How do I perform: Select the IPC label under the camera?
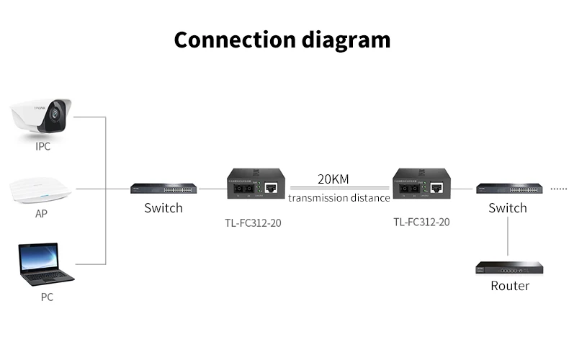point(43,146)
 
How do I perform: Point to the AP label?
point(42,215)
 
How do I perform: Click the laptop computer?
point(45,265)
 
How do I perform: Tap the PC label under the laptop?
point(45,296)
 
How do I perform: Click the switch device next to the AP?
point(163,189)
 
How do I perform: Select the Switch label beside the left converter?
point(163,208)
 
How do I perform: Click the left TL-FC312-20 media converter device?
point(255,186)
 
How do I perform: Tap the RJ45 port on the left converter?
point(272,188)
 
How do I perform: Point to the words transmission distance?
point(339,197)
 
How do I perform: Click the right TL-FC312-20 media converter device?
point(421,186)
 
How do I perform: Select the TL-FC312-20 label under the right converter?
point(421,222)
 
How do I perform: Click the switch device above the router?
point(508,189)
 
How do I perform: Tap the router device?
point(508,267)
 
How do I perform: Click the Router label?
point(510,286)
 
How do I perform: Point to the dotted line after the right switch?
point(558,188)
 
